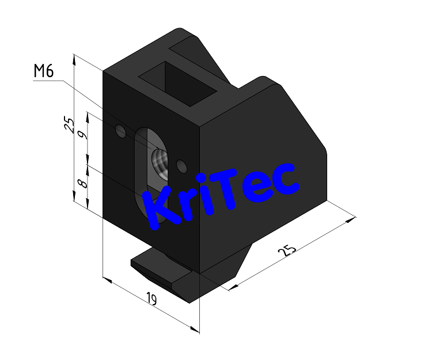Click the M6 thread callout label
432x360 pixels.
coord(44,71)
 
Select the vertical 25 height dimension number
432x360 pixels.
coord(69,125)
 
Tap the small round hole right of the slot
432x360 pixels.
coord(183,166)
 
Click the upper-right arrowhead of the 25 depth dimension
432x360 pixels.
coord(352,218)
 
